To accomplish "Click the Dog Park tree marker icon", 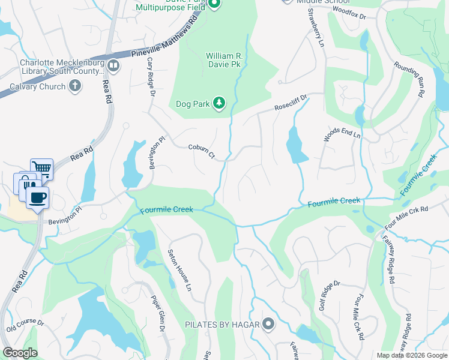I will click(x=220, y=104).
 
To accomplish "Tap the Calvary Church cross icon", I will click(x=75, y=86).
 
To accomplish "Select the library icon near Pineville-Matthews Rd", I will click(x=113, y=65).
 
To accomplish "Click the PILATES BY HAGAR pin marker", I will click(x=268, y=325).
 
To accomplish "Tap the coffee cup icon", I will click(x=38, y=199).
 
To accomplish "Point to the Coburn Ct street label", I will click(x=201, y=151).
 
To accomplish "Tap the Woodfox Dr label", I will click(x=349, y=13).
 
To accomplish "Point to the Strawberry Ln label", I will click(x=315, y=28).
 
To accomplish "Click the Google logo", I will click(x=20, y=353).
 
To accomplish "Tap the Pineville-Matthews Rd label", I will click(x=164, y=42).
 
